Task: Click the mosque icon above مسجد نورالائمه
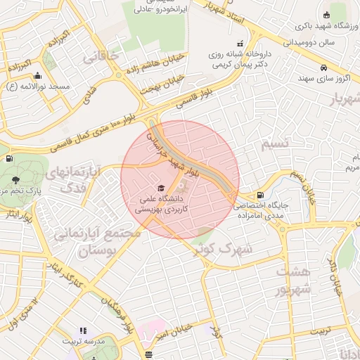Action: point(37,75)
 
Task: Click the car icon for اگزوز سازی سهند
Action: point(323,68)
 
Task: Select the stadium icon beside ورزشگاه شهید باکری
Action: point(326,15)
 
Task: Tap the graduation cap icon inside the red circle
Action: point(162,189)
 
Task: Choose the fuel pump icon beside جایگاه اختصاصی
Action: point(261,195)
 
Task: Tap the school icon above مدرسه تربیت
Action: point(82,330)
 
